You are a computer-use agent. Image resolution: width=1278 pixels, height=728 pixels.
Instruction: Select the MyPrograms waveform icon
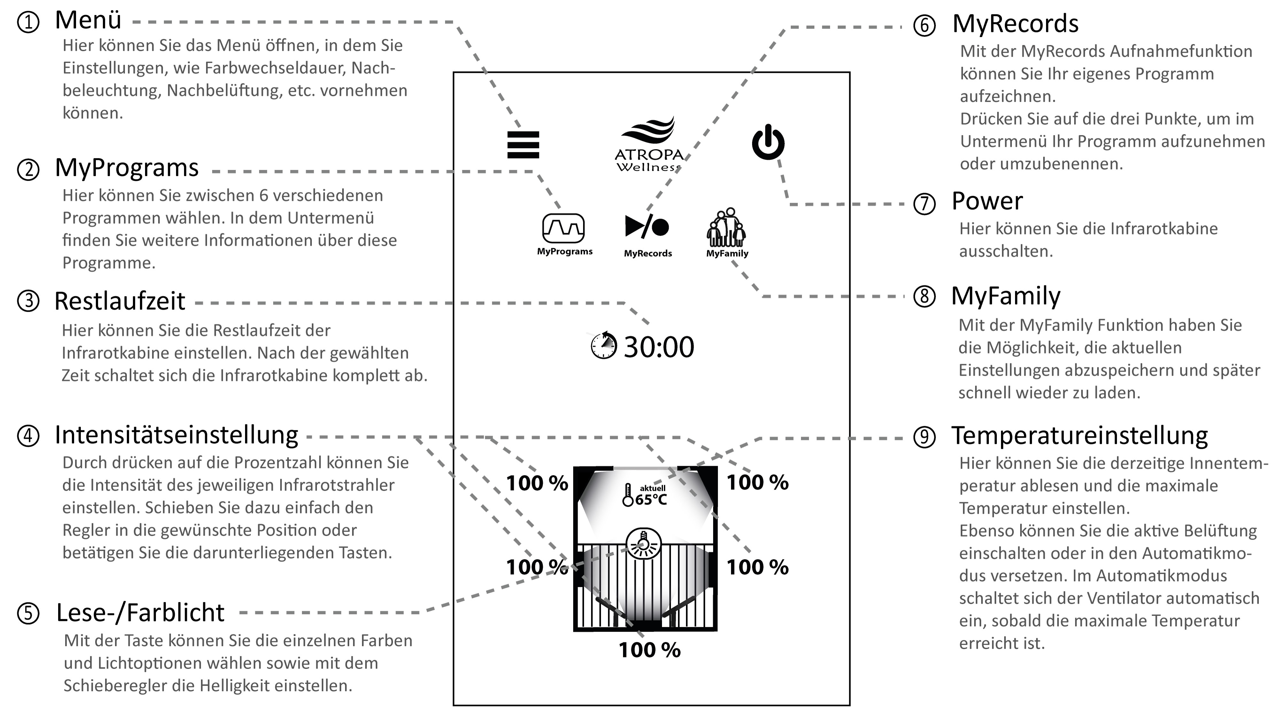(x=564, y=228)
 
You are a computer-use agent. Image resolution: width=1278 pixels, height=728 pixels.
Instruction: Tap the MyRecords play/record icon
(x=647, y=226)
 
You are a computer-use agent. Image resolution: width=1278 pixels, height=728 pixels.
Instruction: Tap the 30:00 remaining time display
(x=658, y=347)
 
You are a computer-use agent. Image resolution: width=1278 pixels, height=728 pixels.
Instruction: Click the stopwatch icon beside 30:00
(x=604, y=346)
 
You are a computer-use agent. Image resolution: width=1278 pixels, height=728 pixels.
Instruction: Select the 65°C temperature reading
(x=651, y=500)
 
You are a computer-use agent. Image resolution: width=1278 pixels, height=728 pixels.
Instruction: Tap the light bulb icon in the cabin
(x=643, y=544)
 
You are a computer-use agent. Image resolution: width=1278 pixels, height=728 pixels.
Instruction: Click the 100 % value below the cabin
(x=650, y=650)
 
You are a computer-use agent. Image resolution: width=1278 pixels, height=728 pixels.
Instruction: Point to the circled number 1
(x=28, y=22)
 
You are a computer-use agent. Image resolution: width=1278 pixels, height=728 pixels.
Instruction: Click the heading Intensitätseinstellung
(x=176, y=435)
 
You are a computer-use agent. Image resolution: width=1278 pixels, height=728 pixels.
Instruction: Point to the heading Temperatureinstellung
(x=1079, y=435)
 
